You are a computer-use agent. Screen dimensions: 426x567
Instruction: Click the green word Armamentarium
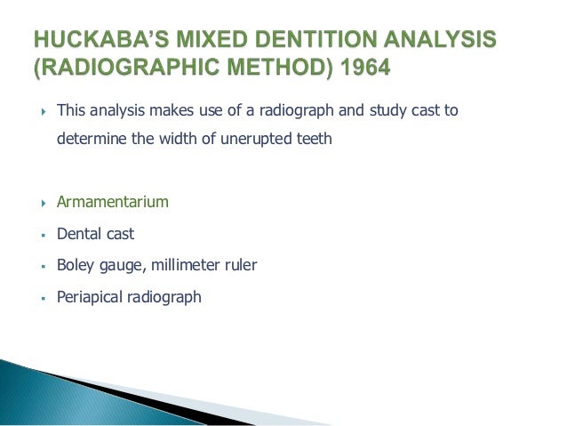112,202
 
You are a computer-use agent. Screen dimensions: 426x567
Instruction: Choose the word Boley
76,265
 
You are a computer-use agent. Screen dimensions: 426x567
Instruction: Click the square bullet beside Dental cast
43,235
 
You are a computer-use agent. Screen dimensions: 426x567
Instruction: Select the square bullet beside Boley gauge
43,266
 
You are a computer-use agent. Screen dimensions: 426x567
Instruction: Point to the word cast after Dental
121,234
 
